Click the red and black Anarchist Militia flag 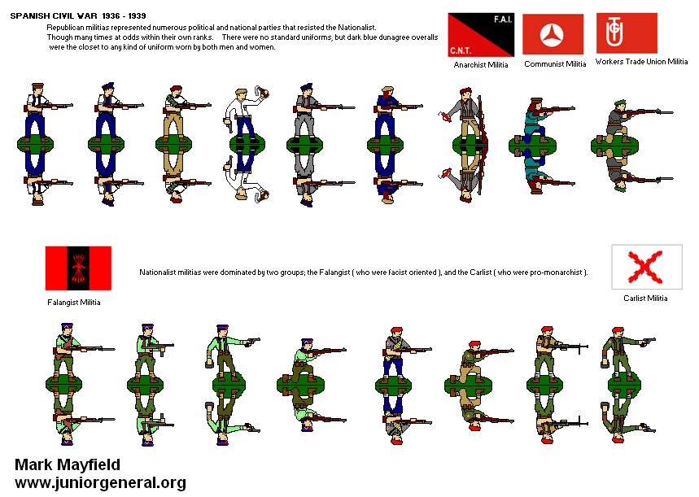tap(481, 35)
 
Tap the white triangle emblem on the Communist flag tap(552, 35)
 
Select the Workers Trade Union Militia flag tap(627, 33)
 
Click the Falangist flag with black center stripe tap(78, 268)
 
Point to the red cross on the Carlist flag tap(644, 267)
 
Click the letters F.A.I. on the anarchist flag tap(503, 20)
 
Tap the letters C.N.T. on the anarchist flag tap(461, 50)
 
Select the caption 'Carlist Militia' tap(645, 299)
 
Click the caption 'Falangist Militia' tap(74, 303)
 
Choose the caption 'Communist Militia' tap(555, 64)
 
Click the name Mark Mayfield tap(68, 464)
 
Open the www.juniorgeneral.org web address tap(100, 482)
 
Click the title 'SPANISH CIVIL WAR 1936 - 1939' tap(78, 15)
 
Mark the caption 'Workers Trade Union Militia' tap(641, 62)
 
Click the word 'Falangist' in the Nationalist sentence tap(334, 272)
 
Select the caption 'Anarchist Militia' tap(481, 64)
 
